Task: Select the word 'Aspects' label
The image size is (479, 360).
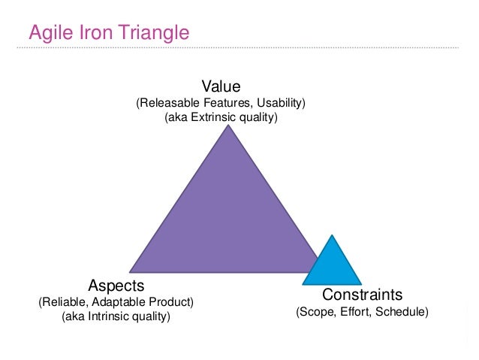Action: click(116, 286)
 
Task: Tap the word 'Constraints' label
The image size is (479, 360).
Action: click(363, 294)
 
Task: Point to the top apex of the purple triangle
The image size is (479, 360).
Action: click(228, 126)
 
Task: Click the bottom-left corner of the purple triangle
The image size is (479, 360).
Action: click(131, 271)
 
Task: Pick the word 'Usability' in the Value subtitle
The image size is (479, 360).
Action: click(281, 103)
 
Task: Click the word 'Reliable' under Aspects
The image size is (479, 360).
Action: click(64, 302)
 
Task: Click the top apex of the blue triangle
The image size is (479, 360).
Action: click(332, 236)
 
